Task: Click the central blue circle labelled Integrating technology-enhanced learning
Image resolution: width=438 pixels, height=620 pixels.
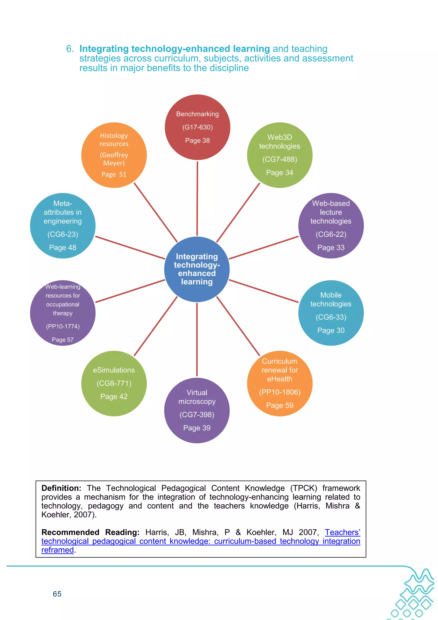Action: [x=197, y=269]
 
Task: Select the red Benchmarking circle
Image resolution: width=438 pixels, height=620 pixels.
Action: [x=197, y=127]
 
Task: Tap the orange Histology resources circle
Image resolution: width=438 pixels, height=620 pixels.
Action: [x=114, y=155]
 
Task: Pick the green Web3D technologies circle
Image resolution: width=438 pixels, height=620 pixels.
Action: [x=280, y=155]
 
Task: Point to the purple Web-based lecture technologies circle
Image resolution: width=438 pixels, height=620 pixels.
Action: [x=331, y=226]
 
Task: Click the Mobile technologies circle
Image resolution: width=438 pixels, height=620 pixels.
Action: [x=331, y=313]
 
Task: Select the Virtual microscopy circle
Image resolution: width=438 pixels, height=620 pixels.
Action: [x=197, y=410]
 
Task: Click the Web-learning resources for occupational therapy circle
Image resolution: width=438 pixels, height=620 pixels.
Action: [x=63, y=313]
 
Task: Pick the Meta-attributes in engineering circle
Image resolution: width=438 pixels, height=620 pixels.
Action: [x=63, y=226]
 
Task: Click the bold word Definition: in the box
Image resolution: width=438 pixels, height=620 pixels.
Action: [x=61, y=488]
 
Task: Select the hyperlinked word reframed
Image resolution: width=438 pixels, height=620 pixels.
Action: [x=58, y=550]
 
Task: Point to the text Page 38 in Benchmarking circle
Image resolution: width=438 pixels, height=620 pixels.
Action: [x=197, y=140]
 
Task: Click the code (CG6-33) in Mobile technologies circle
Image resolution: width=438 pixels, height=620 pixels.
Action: [x=331, y=317]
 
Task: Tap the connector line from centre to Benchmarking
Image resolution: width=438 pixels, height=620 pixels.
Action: [x=197, y=198]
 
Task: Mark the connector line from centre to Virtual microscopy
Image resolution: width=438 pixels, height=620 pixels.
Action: [x=197, y=340]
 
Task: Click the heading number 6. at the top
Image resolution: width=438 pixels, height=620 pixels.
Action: [x=70, y=49]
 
